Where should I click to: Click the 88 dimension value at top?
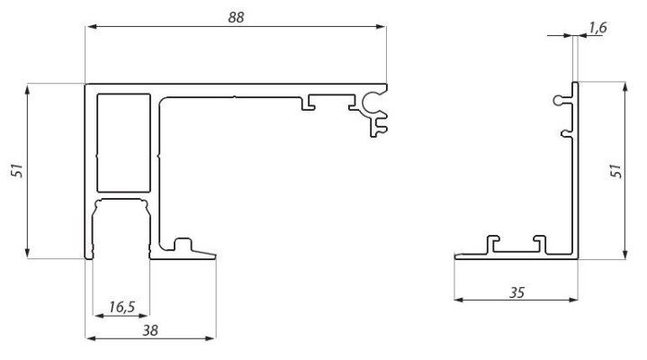(237, 17)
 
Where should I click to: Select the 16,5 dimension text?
(122, 307)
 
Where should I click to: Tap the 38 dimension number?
(150, 330)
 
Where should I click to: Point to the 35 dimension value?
(516, 292)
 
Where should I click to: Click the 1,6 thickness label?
(597, 29)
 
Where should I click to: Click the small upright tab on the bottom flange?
(183, 243)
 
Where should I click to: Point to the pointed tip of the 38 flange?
(217, 255)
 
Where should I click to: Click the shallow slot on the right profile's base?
(515, 246)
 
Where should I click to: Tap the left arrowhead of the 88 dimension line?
(87, 27)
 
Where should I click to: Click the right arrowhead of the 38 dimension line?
(213, 338)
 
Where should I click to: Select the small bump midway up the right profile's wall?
(565, 135)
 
